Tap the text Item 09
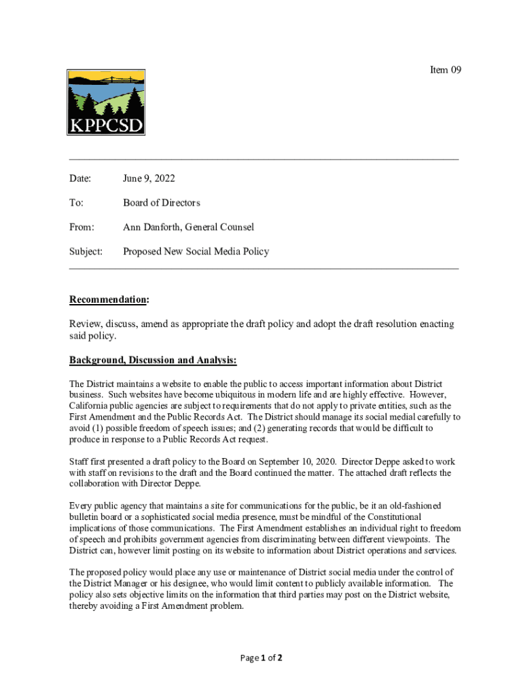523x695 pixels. click(446, 70)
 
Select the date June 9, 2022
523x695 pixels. click(149, 179)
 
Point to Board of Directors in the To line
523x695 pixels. click(162, 203)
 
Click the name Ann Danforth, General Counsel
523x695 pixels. click(188, 227)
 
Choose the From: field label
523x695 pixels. click(82, 227)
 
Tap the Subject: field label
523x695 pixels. click(86, 252)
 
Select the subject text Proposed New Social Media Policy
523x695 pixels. click(196, 252)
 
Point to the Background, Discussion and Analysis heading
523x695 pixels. click(153, 360)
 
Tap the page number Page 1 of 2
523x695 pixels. click(261, 658)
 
